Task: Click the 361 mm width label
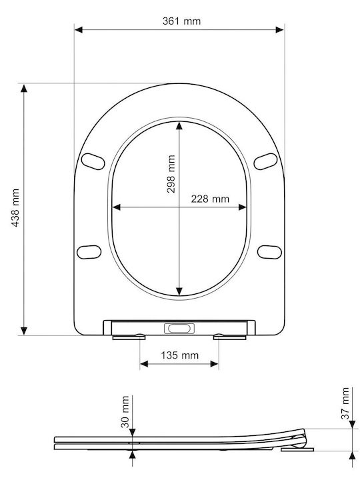click(x=181, y=21)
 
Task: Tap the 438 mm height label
click(x=15, y=207)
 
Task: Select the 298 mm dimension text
click(x=171, y=173)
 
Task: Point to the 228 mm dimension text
click(x=210, y=199)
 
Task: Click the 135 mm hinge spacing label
click(x=180, y=355)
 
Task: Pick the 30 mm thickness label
click(x=125, y=411)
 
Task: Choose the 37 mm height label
click(x=345, y=403)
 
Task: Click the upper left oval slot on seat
click(x=93, y=161)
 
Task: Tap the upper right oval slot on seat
click(x=265, y=161)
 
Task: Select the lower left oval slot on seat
click(x=89, y=252)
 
